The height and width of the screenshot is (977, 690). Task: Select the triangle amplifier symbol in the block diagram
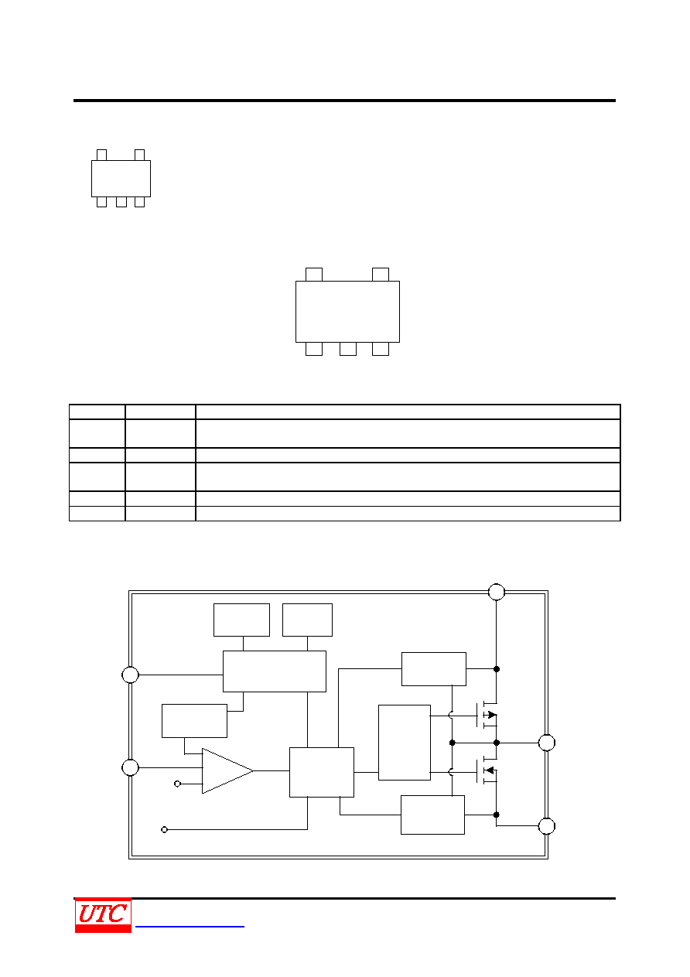(x=227, y=770)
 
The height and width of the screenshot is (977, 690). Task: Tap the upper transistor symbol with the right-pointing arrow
(x=487, y=715)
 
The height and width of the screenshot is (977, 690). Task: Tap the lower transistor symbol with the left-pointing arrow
(x=487, y=770)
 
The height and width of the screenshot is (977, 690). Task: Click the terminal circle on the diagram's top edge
(x=496, y=592)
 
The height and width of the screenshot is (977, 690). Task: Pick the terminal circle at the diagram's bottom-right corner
(x=546, y=825)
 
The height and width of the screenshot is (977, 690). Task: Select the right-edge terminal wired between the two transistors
(x=546, y=743)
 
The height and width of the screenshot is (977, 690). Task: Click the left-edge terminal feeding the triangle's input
(x=130, y=767)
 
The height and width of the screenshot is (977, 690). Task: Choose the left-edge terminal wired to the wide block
(x=130, y=675)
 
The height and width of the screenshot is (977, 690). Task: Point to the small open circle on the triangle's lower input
(x=177, y=784)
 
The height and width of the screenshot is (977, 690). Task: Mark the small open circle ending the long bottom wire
(x=164, y=829)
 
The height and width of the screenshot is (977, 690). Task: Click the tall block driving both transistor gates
(x=405, y=743)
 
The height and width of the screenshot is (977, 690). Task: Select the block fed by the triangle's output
(x=322, y=772)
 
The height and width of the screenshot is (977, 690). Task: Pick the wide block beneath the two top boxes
(x=275, y=671)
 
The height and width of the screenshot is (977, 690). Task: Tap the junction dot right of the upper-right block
(x=497, y=669)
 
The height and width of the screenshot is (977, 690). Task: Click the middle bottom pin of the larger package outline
(x=347, y=349)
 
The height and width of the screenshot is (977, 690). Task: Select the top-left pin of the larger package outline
(x=313, y=275)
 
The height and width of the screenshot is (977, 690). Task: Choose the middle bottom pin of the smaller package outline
(x=121, y=202)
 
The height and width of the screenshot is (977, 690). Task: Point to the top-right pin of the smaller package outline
(x=139, y=155)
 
